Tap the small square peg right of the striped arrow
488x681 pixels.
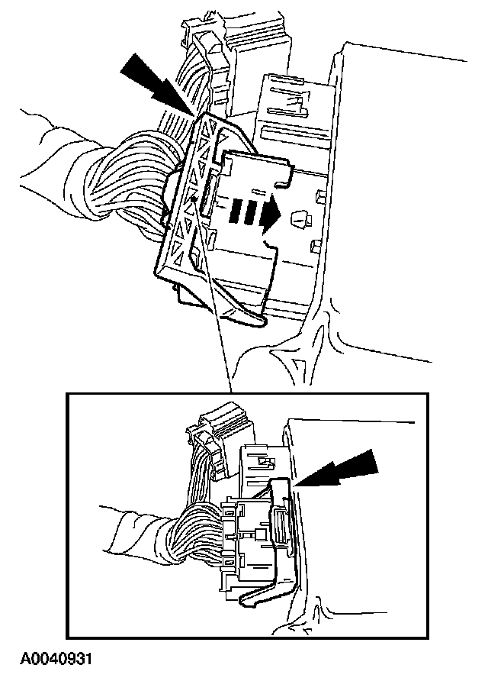click(300, 219)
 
